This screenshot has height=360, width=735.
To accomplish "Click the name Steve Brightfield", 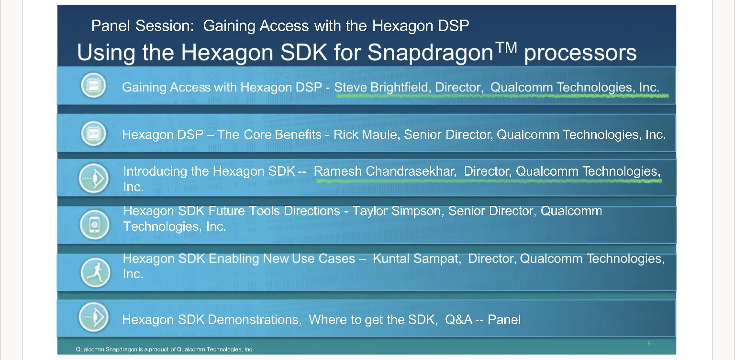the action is tap(381, 87).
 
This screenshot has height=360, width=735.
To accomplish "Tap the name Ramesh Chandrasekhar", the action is tap(384, 171).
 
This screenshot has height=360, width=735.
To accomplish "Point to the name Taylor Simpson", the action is tap(396, 211).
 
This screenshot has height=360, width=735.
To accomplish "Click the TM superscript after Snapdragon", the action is tap(506, 47).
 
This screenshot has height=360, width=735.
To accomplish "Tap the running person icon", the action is tap(95, 272).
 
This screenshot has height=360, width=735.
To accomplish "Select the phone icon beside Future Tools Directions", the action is tap(94, 225).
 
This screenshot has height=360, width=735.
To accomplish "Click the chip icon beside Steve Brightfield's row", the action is tap(93, 85).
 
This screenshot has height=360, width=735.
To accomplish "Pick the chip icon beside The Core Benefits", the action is tap(93, 134).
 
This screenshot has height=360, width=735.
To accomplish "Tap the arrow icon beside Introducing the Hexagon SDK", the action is tap(94, 179).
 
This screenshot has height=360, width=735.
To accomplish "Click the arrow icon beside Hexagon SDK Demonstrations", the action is tap(94, 317).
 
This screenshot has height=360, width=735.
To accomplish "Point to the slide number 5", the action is tap(649, 344).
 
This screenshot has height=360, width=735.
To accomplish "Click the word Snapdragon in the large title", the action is tap(430, 53).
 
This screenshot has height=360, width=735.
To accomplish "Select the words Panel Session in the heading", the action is tap(143, 25).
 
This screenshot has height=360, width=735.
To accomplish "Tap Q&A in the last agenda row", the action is tap(459, 319).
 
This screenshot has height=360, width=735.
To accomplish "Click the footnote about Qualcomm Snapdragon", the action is tap(165, 349).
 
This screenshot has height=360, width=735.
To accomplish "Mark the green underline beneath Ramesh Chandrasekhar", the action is tap(489, 180).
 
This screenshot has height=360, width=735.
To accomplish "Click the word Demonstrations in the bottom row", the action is tap(255, 319).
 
